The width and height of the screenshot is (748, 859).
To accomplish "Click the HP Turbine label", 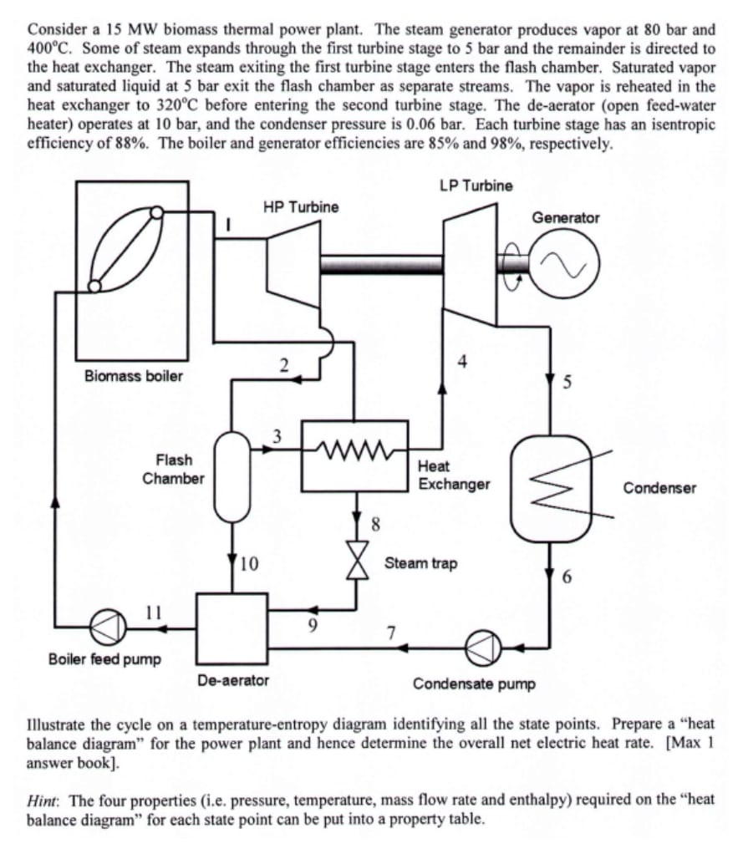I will tap(301, 206).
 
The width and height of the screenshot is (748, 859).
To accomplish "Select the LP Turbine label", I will tap(476, 185).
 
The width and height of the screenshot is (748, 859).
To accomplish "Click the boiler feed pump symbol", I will tap(114, 627).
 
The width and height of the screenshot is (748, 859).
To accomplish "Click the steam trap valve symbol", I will tap(359, 563).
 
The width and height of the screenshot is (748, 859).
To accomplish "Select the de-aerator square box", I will tap(232, 627).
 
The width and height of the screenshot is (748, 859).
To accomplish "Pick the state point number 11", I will tap(154, 610).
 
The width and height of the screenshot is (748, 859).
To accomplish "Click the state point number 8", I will tap(375, 525).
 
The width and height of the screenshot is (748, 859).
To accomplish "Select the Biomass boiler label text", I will tap(134, 375).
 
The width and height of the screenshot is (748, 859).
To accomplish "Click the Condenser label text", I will tap(659, 488).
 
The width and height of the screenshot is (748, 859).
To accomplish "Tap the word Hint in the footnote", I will tap(42, 799).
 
